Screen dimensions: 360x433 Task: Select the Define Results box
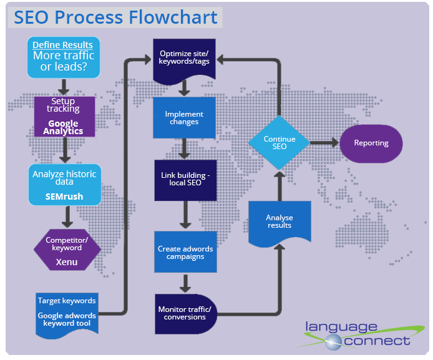click(62, 57)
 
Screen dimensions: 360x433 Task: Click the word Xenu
click(67, 262)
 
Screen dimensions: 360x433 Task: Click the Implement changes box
click(184, 117)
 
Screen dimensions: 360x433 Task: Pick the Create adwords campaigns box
click(185, 253)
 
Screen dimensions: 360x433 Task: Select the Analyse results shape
click(279, 223)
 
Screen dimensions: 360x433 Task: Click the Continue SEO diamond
click(280, 142)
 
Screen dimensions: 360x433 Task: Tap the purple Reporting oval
click(371, 143)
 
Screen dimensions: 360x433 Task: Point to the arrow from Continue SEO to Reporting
click(324, 143)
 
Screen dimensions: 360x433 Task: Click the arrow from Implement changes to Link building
click(184, 149)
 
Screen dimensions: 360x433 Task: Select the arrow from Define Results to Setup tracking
click(62, 86)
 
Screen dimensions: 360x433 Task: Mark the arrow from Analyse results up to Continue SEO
click(280, 184)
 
